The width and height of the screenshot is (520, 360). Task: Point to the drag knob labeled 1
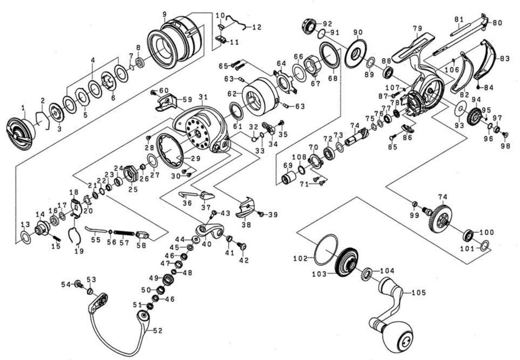point(21,131)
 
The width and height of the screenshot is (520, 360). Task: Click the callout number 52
point(157,331)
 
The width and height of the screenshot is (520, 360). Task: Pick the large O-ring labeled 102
point(326,248)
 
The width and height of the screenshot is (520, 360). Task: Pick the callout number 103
point(319,274)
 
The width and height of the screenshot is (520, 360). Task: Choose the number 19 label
point(79,251)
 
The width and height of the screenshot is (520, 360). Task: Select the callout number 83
point(504,59)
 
